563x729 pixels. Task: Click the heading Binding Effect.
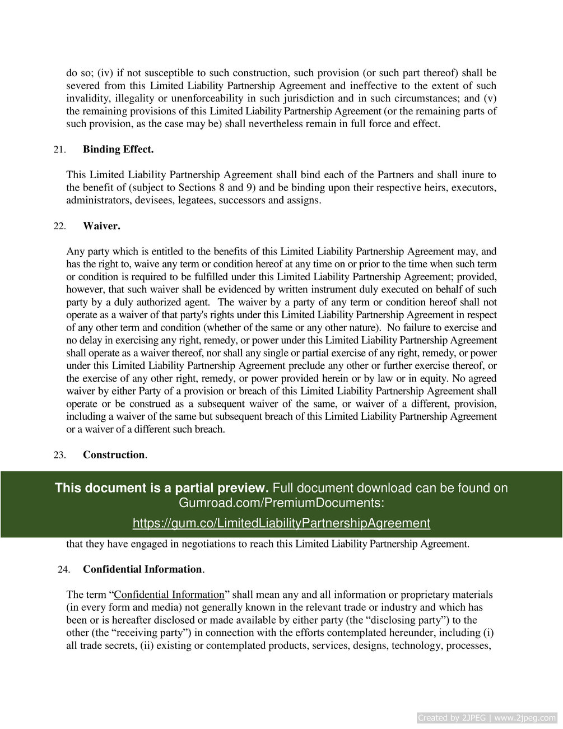click(x=118, y=150)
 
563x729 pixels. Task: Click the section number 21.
click(x=59, y=150)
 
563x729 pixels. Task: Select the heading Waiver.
click(x=101, y=226)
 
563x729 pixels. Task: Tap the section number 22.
click(x=59, y=226)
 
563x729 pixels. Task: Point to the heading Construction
click(x=114, y=455)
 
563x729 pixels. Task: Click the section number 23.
click(x=59, y=455)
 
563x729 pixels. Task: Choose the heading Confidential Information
click(x=143, y=569)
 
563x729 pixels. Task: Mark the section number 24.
click(x=63, y=569)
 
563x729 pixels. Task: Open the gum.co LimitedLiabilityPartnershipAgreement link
click(x=281, y=523)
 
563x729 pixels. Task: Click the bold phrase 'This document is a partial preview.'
click(x=161, y=488)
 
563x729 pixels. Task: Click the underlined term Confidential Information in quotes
click(x=169, y=595)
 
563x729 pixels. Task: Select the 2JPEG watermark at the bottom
click(x=487, y=718)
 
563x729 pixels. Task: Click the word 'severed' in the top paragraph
click(x=83, y=86)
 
